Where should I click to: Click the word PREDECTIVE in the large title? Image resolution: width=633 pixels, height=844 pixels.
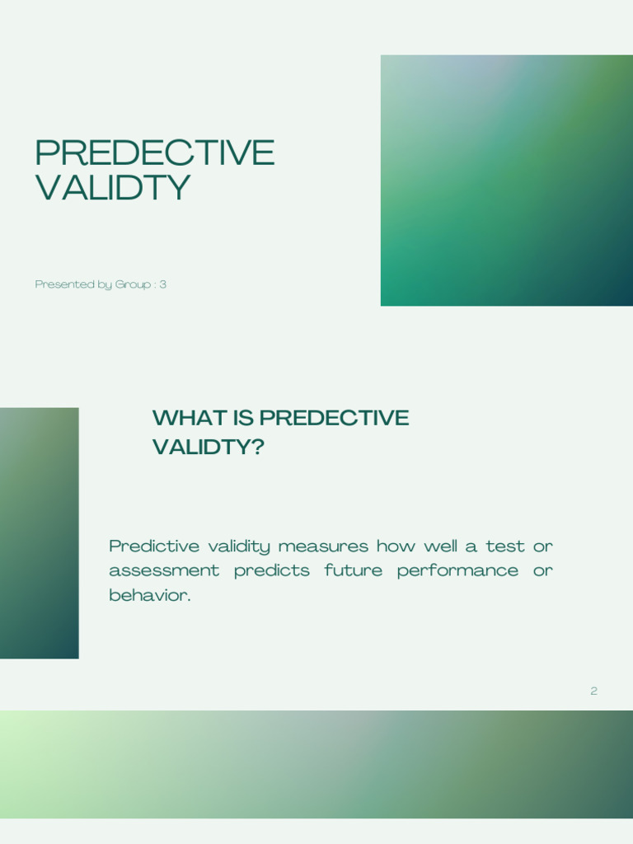click(x=155, y=152)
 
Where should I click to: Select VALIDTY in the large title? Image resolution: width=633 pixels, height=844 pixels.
click(x=112, y=187)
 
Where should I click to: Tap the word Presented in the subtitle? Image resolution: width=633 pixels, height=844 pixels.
click(x=58, y=284)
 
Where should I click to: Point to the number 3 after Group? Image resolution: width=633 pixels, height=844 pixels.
click(x=162, y=284)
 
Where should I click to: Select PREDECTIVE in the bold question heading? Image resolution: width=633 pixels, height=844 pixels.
click(x=335, y=418)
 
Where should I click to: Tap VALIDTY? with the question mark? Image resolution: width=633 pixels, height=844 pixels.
click(x=209, y=447)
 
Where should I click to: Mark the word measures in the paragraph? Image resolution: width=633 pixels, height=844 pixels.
click(x=323, y=546)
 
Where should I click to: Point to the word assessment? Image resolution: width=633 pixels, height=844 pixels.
click(x=164, y=570)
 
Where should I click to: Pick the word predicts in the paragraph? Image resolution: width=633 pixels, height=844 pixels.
click(x=272, y=571)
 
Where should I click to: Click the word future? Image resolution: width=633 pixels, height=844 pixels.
click(x=353, y=570)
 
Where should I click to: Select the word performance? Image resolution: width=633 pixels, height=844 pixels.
click(x=457, y=571)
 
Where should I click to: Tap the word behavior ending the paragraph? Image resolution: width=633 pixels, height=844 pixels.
click(x=150, y=595)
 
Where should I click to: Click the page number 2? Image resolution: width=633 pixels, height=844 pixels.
click(x=593, y=691)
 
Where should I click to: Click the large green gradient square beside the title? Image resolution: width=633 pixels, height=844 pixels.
click(x=507, y=181)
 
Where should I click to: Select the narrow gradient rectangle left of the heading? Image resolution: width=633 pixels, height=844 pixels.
click(x=40, y=533)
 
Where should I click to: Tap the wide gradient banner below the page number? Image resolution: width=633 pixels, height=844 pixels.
click(x=316, y=764)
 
